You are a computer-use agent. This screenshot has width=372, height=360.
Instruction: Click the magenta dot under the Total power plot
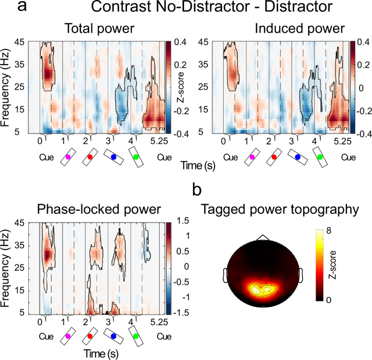tap(68, 156)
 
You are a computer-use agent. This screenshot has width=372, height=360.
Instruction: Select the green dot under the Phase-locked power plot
tap(136, 337)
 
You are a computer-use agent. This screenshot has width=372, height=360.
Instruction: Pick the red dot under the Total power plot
tap(90, 156)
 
